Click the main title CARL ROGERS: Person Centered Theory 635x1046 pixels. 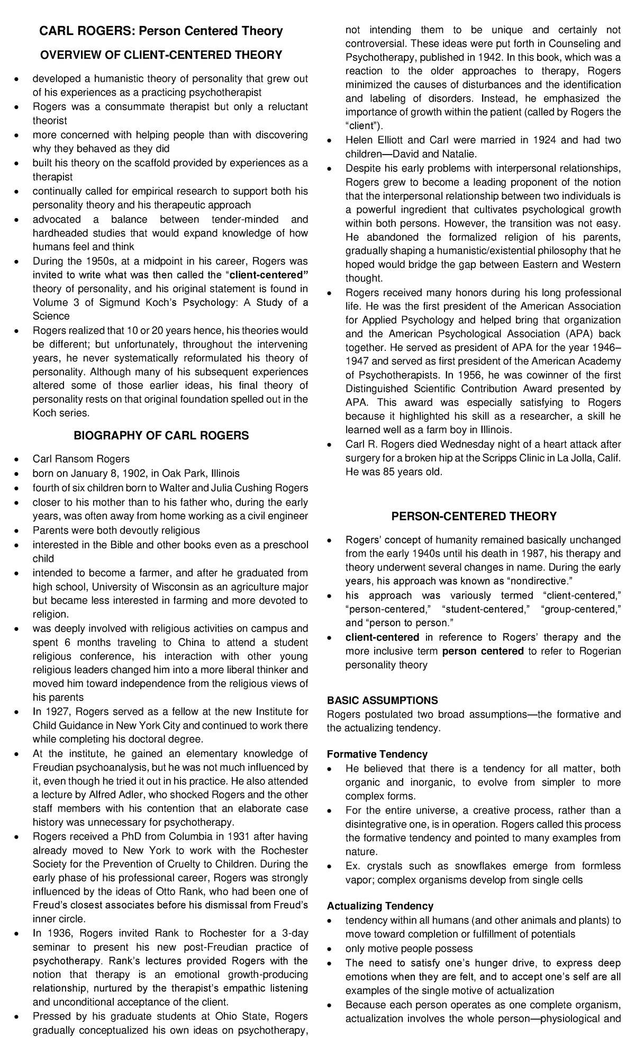(161, 31)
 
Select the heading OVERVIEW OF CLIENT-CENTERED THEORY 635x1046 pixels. (161, 55)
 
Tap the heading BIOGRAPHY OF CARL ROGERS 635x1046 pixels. (161, 436)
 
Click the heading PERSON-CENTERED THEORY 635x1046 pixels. (474, 516)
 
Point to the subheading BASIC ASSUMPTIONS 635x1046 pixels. (382, 700)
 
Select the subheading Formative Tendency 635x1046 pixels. (377, 754)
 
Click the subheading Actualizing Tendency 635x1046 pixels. (380, 906)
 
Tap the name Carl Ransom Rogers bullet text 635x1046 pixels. (81, 459)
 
